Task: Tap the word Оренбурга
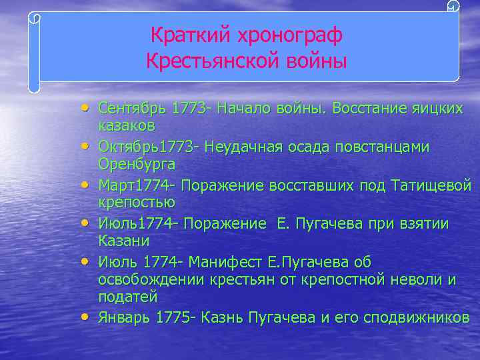pos(137,163)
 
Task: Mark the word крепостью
pos(137,202)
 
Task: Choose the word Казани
pos(123,240)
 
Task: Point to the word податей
pos(127,297)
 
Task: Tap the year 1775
pos(172,317)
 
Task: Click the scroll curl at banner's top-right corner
pos(453,7)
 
